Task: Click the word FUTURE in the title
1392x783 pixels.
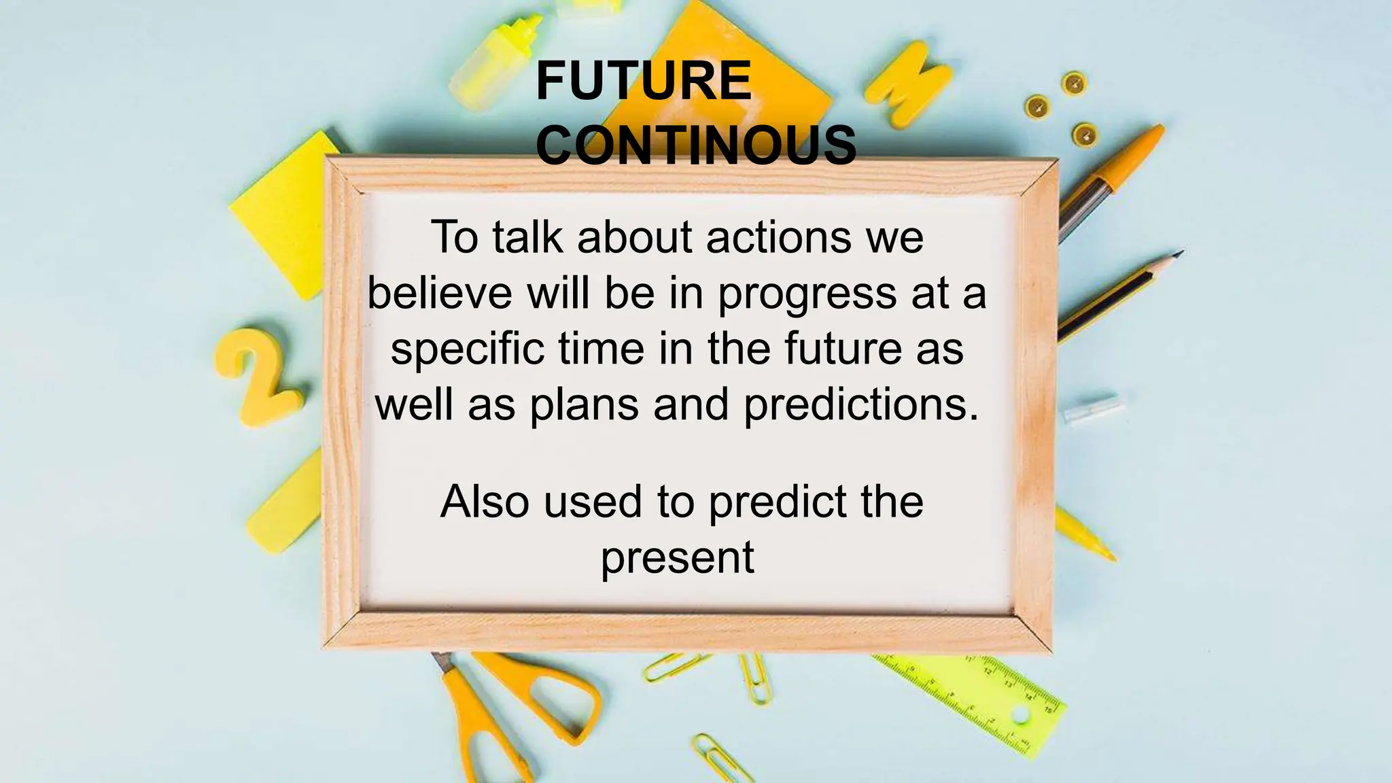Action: click(x=643, y=81)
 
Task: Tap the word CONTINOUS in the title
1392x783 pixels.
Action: click(x=696, y=145)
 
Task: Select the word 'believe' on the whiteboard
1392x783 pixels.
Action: click(x=440, y=293)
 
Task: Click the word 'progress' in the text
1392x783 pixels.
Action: click(x=807, y=294)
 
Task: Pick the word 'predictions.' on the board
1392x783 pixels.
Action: click(x=861, y=405)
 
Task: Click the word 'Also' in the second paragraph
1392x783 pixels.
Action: click(x=485, y=502)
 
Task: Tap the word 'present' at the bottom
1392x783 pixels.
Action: click(x=677, y=558)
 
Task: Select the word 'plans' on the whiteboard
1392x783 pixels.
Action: click(x=585, y=405)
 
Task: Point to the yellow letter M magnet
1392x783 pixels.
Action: click(x=907, y=84)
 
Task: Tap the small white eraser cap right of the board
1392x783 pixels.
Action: click(x=1090, y=410)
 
